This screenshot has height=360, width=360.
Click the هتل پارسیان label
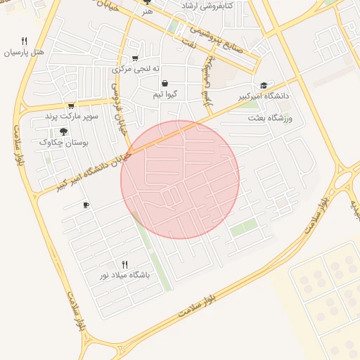[x=24, y=53]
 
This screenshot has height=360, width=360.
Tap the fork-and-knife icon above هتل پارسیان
[x=25, y=41]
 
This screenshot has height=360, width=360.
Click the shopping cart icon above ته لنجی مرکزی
[x=135, y=58]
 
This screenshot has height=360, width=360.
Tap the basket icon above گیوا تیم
[x=164, y=83]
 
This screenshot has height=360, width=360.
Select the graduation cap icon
[x=264, y=85]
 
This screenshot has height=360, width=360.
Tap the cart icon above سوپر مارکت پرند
[x=71, y=105]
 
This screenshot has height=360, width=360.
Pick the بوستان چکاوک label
[x=64, y=142]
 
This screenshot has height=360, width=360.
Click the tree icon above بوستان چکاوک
[x=64, y=131]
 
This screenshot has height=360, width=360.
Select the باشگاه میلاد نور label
[x=124, y=275]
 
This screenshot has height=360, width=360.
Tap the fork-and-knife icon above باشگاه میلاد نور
[x=125, y=264]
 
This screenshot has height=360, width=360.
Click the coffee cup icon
[x=86, y=205]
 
